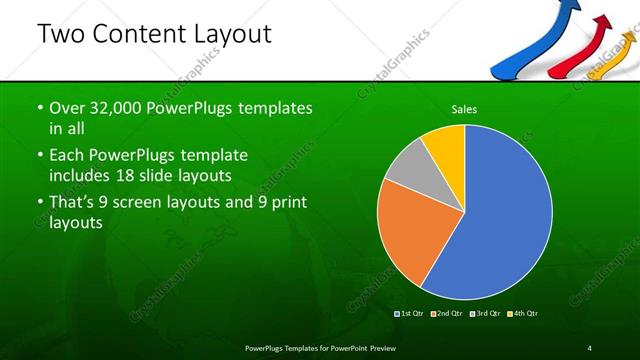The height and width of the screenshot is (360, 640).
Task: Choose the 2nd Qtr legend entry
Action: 447,314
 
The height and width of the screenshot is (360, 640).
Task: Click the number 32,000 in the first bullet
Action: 109,108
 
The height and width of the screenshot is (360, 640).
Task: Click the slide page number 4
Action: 590,347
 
